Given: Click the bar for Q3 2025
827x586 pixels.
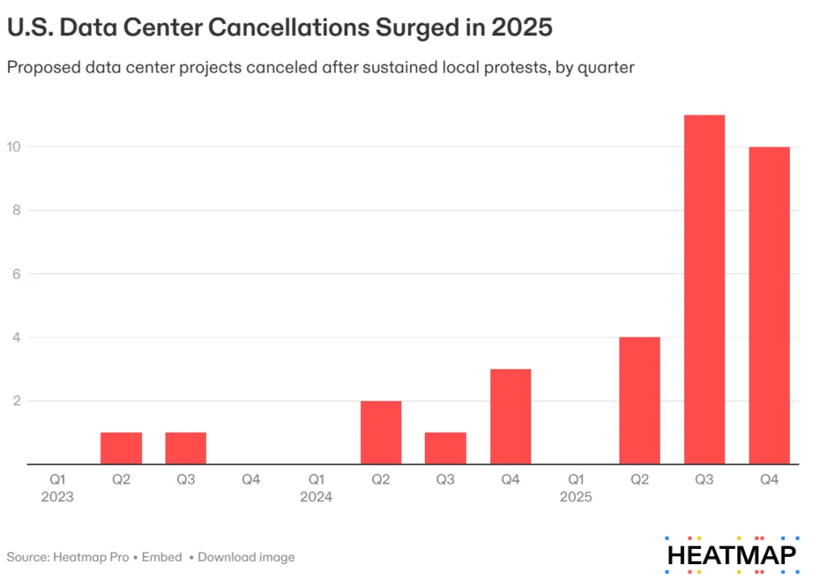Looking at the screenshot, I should click(x=704, y=290).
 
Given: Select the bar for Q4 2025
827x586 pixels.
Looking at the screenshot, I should click(x=769, y=306).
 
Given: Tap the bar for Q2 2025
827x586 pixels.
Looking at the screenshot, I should click(x=640, y=400).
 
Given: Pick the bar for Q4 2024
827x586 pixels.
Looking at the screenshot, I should click(x=510, y=416).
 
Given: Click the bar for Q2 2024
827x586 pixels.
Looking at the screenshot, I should click(x=380, y=433).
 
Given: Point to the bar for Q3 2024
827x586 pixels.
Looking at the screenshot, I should click(x=445, y=449).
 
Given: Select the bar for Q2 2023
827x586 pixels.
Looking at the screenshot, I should click(x=121, y=449).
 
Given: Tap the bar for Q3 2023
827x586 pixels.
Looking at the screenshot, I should click(x=186, y=449).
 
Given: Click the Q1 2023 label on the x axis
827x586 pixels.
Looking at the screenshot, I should click(x=57, y=488).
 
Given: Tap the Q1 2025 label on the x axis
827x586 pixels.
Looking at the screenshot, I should click(x=575, y=488).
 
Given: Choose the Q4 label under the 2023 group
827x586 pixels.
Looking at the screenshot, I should click(x=251, y=479).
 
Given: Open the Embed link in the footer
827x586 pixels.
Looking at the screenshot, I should click(x=166, y=557).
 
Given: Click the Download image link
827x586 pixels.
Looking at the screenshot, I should click(x=246, y=557).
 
